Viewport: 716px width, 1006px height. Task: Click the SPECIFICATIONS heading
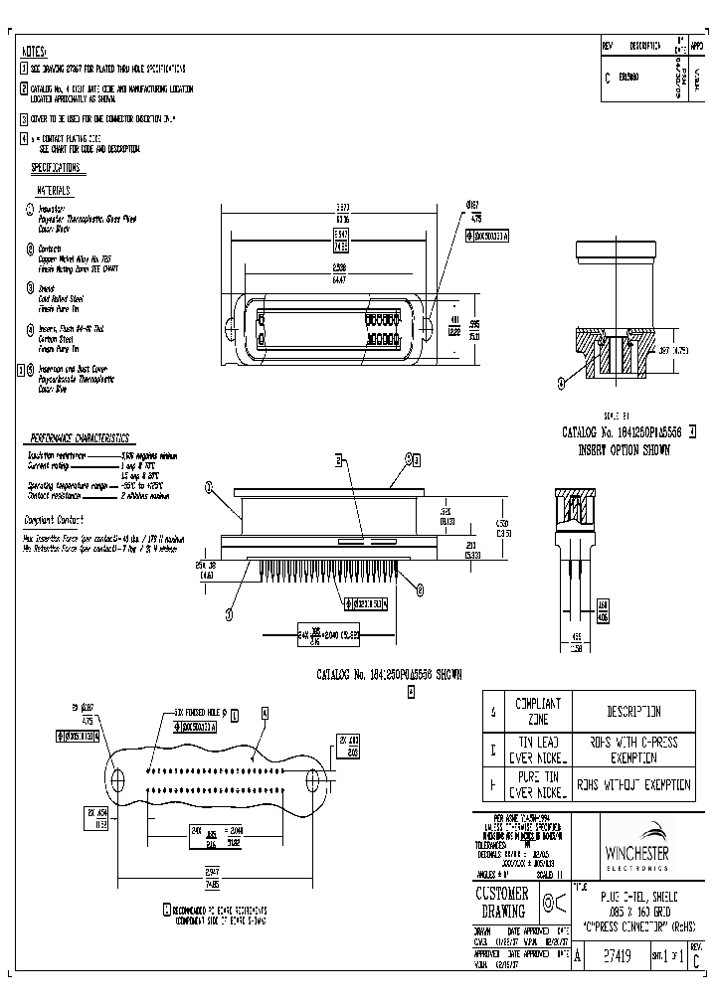click(56, 168)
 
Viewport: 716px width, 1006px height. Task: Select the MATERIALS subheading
click(55, 190)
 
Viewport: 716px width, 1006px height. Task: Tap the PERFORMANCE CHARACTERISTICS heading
click(79, 438)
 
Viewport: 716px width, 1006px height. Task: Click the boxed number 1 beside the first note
click(24, 69)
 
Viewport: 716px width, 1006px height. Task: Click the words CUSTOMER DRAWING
click(504, 902)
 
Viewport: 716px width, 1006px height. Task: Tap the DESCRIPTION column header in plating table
click(632, 712)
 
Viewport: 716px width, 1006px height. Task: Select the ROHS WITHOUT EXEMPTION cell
click(632, 783)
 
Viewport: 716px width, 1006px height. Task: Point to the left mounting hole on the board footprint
click(117, 777)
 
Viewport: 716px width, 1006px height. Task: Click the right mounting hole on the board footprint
click(314, 777)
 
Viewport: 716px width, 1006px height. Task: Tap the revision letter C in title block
click(695, 960)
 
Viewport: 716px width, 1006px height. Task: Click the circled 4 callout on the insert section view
click(563, 381)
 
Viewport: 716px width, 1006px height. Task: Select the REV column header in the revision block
click(609, 46)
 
